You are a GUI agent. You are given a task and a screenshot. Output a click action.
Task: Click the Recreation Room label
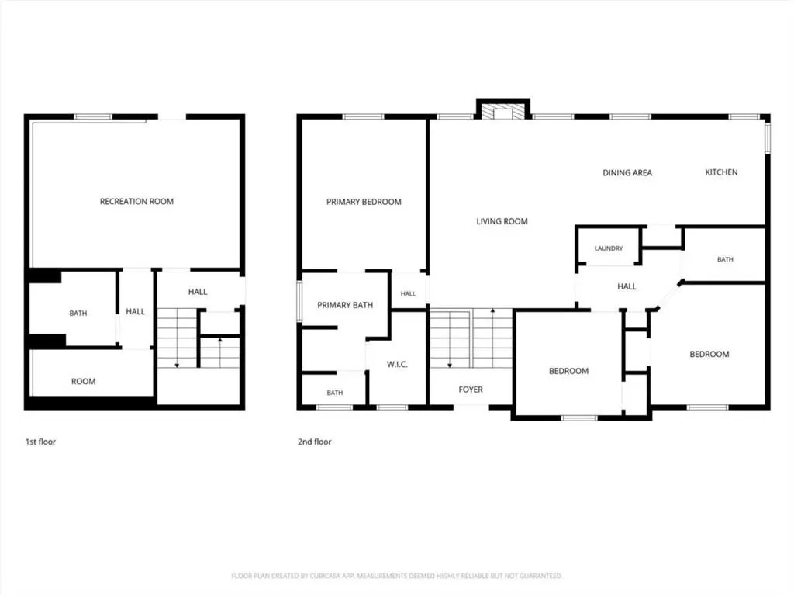pos(136,201)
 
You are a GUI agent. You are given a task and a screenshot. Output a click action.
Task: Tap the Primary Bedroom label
pos(364,202)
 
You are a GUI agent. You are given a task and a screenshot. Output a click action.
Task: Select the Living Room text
pos(502,221)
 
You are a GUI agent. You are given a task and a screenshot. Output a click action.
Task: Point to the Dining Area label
pos(627,173)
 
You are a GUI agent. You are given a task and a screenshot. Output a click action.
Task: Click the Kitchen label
pos(721,172)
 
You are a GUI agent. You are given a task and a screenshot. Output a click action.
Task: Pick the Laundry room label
pos(609,248)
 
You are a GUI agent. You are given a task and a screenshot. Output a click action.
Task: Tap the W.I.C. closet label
pos(397,365)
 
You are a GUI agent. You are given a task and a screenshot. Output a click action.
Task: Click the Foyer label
pos(471,390)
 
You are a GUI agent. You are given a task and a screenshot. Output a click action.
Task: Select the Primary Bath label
pos(345,305)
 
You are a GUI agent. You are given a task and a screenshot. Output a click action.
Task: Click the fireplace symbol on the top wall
pos(503,112)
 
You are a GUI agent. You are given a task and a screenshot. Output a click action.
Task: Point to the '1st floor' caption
pos(40,442)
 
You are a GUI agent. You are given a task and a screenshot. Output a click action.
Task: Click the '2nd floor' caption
pos(315,442)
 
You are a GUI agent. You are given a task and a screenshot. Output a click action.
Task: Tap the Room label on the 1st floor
pos(83,381)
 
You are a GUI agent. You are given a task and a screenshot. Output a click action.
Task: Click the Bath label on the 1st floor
pos(78,314)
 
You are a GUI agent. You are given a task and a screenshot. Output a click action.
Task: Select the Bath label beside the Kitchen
pos(725,259)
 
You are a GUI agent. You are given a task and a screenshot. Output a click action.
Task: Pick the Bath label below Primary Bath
pos(335,393)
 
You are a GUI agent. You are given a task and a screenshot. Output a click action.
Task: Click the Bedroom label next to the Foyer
pos(568,371)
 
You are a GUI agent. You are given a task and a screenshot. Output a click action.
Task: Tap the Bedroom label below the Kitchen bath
pos(709,354)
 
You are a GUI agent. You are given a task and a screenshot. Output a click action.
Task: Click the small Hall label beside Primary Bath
pos(408,294)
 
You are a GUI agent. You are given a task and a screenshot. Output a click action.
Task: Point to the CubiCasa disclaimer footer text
pos(396,576)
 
